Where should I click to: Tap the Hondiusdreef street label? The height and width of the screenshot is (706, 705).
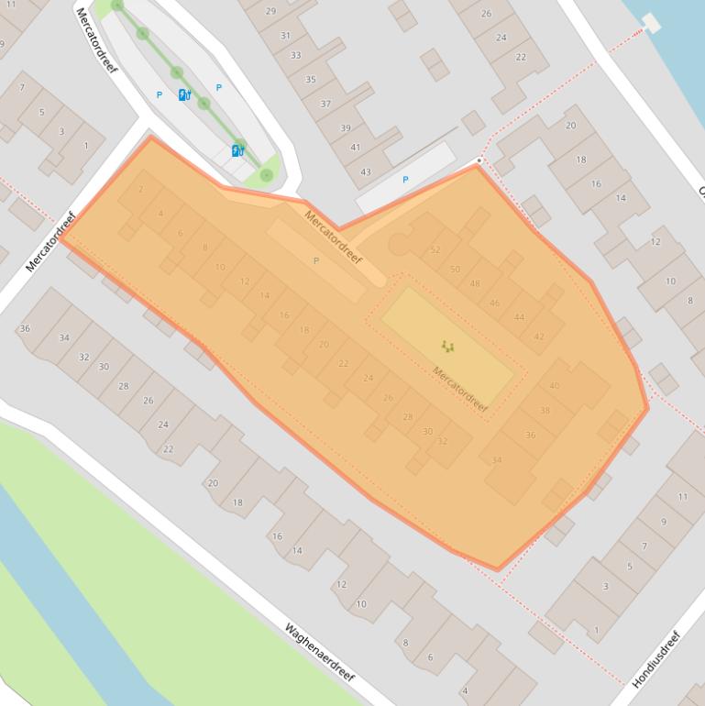click(656, 660)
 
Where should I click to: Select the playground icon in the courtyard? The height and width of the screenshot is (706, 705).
click(447, 346)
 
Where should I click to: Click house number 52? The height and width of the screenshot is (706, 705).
click(435, 250)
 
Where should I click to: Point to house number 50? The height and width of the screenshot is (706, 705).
click(456, 270)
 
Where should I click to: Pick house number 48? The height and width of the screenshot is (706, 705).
click(475, 284)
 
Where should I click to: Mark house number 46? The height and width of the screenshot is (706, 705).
click(495, 303)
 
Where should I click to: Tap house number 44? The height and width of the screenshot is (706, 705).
click(520, 317)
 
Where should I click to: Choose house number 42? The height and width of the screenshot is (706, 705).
click(539, 336)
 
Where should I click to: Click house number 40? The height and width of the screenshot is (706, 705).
click(555, 386)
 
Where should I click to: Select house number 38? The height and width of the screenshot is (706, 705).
click(545, 410)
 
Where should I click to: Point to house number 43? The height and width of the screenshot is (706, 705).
click(366, 171)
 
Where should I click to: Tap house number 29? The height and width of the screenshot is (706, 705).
click(270, 11)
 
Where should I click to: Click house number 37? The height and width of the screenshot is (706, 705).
click(325, 104)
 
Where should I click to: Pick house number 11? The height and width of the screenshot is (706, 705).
click(683, 497)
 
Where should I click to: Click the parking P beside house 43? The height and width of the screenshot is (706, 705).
click(405, 180)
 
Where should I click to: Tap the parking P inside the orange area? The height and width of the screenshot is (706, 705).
click(316, 261)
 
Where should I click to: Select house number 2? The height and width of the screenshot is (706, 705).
click(140, 190)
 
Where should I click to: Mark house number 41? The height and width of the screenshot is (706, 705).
click(356, 148)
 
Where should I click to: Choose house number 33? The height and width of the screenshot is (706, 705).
click(296, 56)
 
